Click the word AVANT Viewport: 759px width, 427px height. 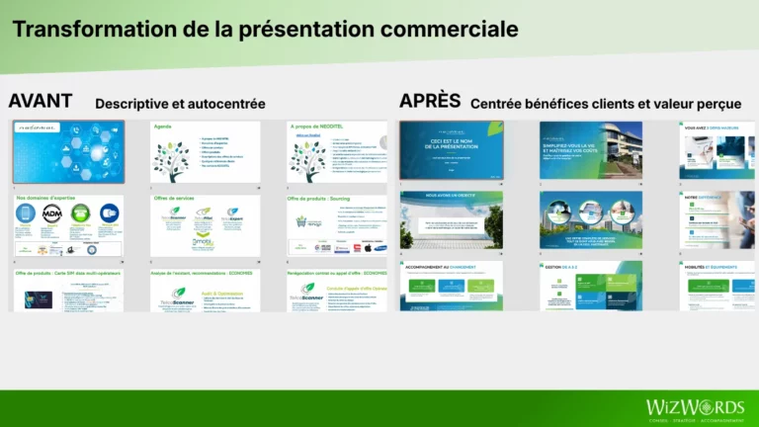pyautogui.click(x=40, y=101)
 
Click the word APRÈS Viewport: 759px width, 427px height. pyautogui.click(x=430, y=101)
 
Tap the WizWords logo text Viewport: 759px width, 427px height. pyautogui.click(x=695, y=406)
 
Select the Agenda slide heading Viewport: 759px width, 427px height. pyautogui.click(x=165, y=127)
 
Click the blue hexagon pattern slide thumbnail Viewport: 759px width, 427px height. pyautogui.click(x=68, y=151)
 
